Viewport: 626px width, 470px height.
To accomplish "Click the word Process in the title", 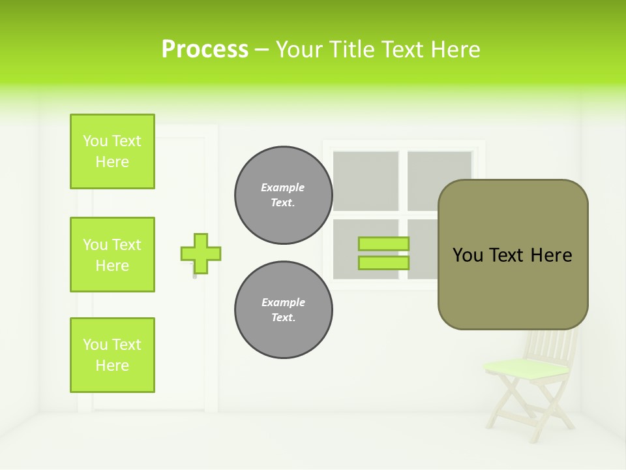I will click(x=205, y=50).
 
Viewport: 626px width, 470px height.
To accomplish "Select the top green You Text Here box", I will click(x=112, y=151).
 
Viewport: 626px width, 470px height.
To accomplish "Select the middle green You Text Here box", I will click(x=112, y=255).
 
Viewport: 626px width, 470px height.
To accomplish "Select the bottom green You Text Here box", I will click(x=112, y=355).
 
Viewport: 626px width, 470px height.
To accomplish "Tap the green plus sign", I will click(x=201, y=253).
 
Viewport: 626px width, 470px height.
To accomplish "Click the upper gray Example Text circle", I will click(x=284, y=195).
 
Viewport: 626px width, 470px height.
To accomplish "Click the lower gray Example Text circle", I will click(x=284, y=310).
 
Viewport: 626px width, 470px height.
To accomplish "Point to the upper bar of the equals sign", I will click(x=383, y=243).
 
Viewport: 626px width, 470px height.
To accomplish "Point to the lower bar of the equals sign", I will click(x=383, y=262).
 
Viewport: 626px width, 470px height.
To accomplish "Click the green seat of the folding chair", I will click(x=526, y=369).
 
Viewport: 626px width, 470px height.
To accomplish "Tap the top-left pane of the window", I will click(x=366, y=181).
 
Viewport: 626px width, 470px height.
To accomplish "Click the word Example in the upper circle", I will click(x=283, y=187).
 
